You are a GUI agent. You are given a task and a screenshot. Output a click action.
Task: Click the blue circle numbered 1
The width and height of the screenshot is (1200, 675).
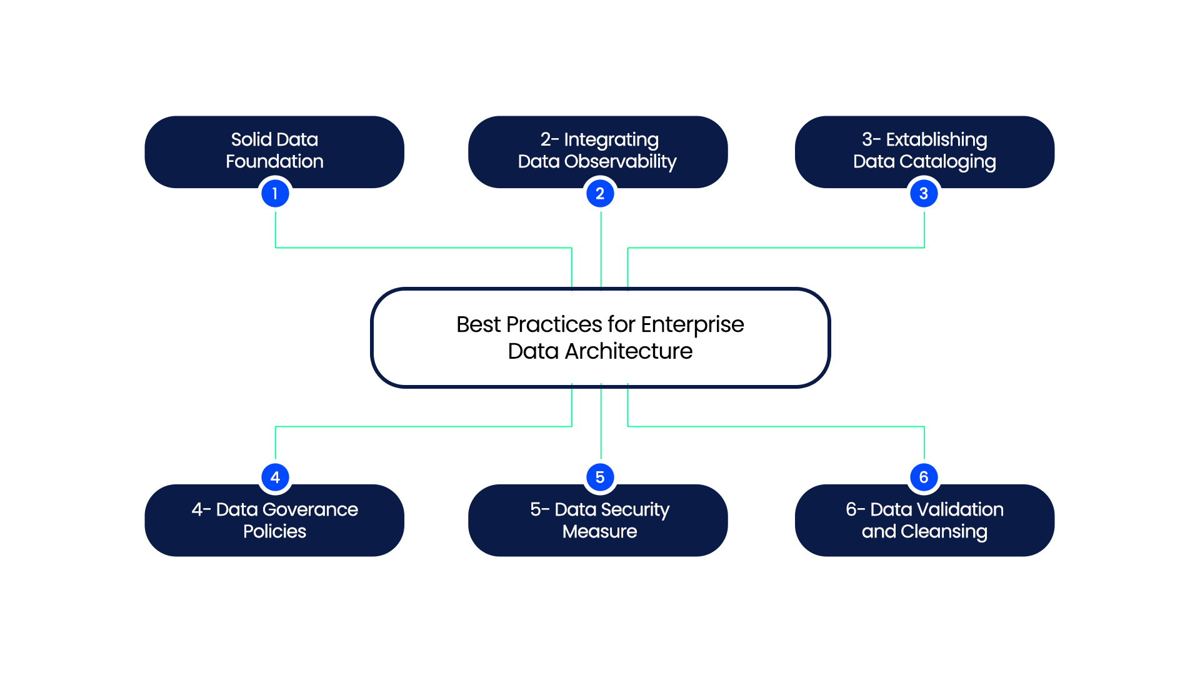coord(275,194)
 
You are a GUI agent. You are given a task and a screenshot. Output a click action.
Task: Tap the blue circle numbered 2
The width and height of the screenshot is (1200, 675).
coord(600,194)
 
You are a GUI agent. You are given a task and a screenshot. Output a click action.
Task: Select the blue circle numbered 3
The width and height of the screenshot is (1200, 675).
coord(924,194)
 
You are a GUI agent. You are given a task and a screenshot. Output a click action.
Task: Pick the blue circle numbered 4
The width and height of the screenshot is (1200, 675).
coord(275,477)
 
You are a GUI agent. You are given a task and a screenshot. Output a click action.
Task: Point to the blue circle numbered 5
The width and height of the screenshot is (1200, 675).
coord(600,477)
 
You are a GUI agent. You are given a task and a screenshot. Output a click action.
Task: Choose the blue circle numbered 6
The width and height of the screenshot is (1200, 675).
coord(924,477)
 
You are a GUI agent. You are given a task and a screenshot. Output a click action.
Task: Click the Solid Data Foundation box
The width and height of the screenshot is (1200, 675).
coord(187,152)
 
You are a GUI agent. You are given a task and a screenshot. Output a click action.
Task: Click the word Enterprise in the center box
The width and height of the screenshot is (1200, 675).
coord(692,325)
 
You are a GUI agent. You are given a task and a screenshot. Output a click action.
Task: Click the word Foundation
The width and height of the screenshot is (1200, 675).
coord(274,162)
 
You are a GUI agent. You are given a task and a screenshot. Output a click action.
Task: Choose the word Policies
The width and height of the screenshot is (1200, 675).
coord(274,532)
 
